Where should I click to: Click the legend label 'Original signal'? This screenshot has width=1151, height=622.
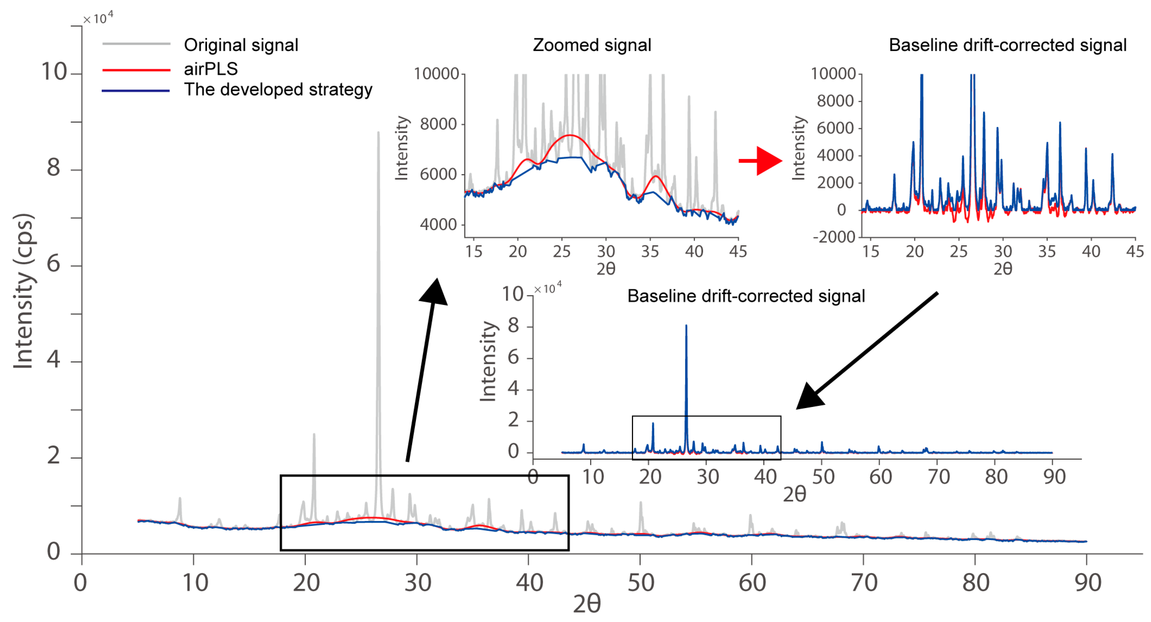coord(241,45)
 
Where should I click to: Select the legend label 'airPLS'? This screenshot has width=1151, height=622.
coord(210,69)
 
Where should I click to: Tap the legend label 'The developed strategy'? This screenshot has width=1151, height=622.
coord(278,90)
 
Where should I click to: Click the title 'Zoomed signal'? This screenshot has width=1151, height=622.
coord(592,45)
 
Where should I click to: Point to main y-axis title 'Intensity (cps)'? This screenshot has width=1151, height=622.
coord(23,291)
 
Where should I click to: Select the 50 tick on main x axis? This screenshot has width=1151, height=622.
coord(641,582)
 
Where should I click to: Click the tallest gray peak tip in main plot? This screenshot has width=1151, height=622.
coord(378,132)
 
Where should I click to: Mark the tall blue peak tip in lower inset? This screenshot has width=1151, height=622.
coord(686,326)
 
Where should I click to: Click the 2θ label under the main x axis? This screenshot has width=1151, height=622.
coord(587,604)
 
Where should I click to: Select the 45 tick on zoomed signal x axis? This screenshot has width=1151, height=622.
coord(738,252)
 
